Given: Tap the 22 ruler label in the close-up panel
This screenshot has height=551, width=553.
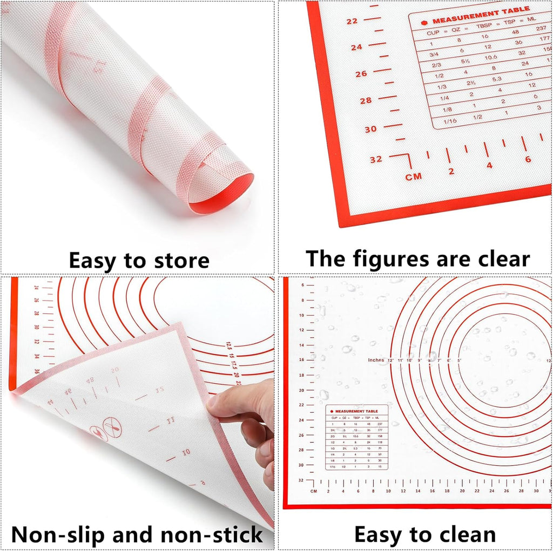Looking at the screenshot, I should pos(353,22).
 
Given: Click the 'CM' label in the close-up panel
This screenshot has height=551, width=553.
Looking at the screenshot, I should pos(414,176).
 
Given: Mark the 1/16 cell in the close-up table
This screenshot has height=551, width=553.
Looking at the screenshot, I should pos(449,121).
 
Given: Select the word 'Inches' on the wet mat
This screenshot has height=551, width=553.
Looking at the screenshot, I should pos(376,360).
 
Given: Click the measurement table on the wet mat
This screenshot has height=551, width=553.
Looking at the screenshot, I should pos(356,437).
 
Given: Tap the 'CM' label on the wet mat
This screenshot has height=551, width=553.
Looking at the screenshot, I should pos(314,491).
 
